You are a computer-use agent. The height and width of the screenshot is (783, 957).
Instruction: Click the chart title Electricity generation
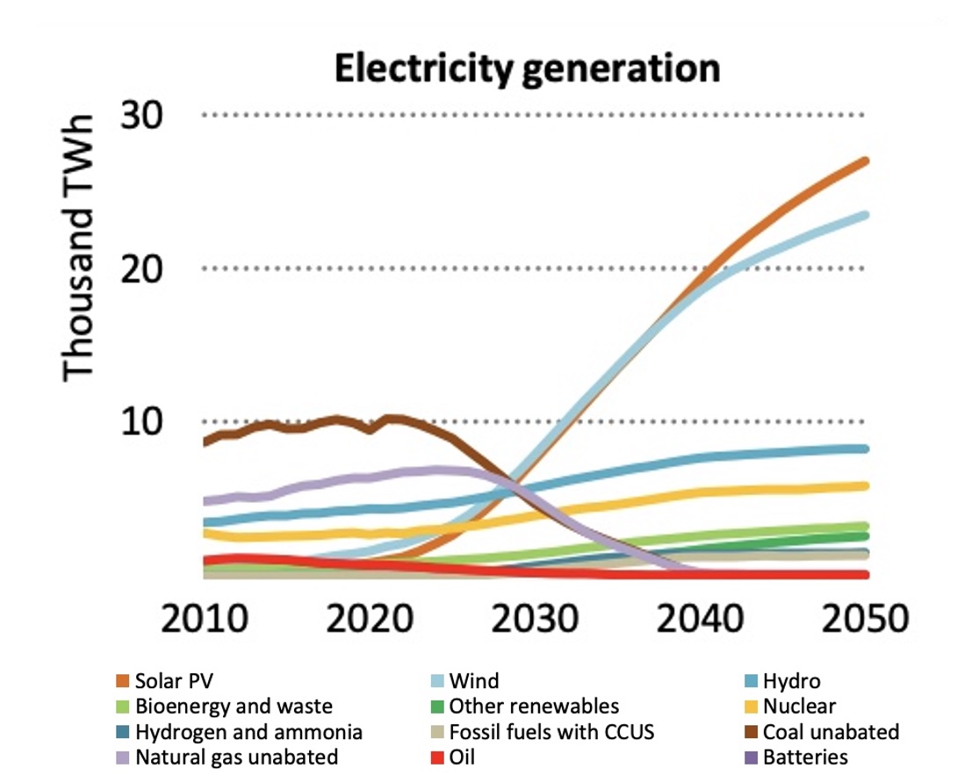coord(527,68)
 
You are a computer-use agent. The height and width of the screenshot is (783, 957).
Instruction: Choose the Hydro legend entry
coord(790,681)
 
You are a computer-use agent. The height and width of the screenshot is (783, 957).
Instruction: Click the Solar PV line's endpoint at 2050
coord(864,162)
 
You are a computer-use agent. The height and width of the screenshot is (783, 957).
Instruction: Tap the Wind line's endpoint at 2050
coord(864,215)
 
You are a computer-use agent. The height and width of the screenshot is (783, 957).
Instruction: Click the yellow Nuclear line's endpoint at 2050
coord(864,485)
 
